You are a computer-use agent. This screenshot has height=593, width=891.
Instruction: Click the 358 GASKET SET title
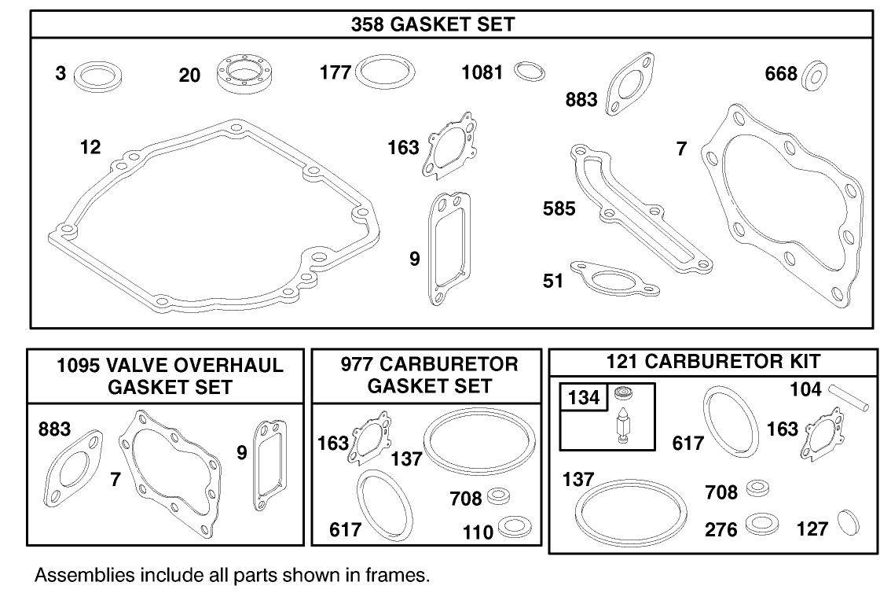tap(433, 24)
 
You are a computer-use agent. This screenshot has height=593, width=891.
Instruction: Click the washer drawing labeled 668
tap(817, 76)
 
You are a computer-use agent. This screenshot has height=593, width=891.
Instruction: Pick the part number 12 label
tap(90, 147)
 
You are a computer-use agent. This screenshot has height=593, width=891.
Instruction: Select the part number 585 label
tap(559, 208)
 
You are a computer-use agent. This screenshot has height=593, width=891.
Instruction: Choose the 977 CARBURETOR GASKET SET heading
tap(429, 375)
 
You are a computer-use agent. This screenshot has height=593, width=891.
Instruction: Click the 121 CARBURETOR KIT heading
tap(713, 361)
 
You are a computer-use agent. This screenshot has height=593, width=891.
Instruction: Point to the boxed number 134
tap(583, 398)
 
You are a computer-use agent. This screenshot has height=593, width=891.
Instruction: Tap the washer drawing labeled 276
tap(761, 524)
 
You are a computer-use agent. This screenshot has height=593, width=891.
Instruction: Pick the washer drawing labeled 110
tap(514, 526)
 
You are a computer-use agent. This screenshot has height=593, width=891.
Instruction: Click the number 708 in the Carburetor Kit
tap(721, 492)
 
